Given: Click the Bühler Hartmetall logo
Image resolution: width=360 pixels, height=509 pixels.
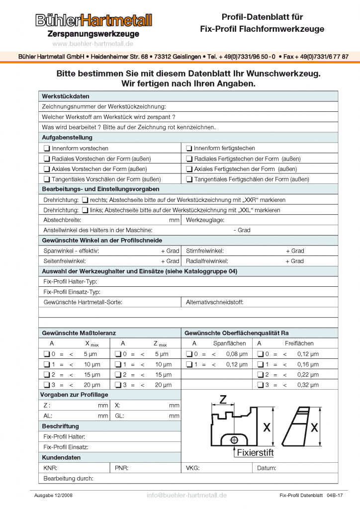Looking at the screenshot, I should click(x=93, y=20).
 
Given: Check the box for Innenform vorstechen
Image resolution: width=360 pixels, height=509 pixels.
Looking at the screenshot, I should click(x=46, y=148).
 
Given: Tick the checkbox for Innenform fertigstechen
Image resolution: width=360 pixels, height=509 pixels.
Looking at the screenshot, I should click(x=189, y=148).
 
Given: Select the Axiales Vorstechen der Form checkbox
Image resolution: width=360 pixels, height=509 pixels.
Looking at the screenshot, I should click(x=46, y=169).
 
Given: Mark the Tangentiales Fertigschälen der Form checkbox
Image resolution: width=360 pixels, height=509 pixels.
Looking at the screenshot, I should click(x=189, y=179).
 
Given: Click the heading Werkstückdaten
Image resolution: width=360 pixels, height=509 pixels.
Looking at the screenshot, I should click(x=66, y=96).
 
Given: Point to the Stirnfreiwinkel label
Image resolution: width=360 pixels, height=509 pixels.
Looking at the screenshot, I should click(x=204, y=251).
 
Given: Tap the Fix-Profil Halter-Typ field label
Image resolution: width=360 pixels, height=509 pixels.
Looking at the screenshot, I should click(x=70, y=281).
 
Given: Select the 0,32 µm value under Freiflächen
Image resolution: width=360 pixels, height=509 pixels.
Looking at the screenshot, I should click(x=308, y=385).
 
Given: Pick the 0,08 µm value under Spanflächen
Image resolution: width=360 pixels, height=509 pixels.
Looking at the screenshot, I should click(x=237, y=354).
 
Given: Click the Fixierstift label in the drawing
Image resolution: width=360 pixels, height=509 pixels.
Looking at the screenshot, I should click(x=255, y=453).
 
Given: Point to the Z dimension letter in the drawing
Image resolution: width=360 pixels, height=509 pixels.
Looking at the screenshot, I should click(x=223, y=399).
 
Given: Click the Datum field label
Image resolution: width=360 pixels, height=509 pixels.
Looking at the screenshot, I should click(x=267, y=468).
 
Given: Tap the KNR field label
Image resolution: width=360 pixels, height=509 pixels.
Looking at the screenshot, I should click(x=50, y=468).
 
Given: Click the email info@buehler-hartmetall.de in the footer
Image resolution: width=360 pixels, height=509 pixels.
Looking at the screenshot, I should click(x=186, y=495).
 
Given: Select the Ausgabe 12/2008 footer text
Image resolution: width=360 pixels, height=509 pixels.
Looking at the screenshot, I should click(x=53, y=496).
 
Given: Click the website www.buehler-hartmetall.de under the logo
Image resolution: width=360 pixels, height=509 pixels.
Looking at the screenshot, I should click(x=93, y=44).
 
